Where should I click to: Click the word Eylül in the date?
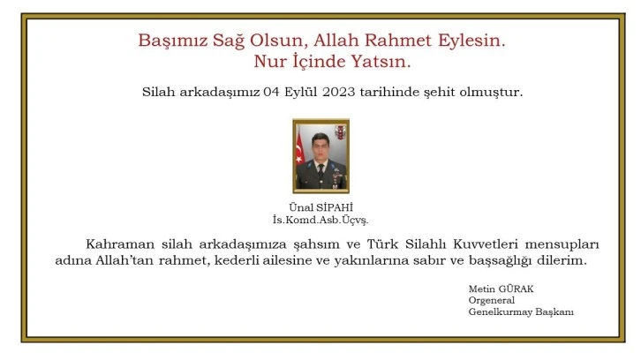click(290, 92)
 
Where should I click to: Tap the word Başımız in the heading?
click(168, 41)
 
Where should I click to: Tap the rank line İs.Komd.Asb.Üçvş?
click(319, 219)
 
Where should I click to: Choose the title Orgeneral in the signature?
click(492, 301)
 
